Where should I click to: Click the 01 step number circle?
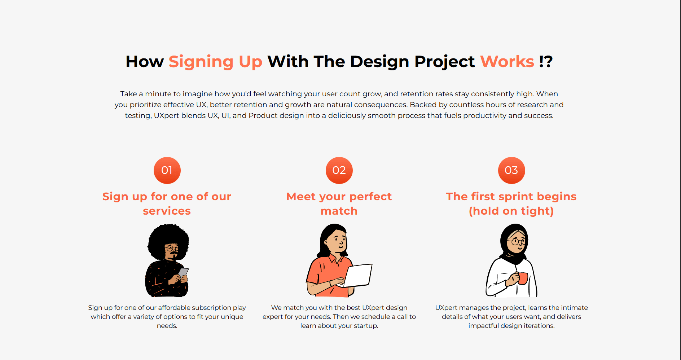(x=167, y=170)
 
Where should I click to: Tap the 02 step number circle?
(x=339, y=170)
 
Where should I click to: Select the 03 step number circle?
(x=511, y=170)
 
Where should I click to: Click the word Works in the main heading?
(x=507, y=62)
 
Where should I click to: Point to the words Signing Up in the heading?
(x=215, y=62)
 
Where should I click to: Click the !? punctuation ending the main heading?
(x=546, y=62)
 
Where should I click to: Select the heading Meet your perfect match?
(x=339, y=203)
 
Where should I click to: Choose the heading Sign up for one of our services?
(x=167, y=203)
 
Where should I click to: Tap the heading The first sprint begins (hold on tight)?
(x=511, y=203)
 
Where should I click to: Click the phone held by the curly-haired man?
(x=183, y=272)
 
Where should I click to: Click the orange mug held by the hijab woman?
(x=522, y=278)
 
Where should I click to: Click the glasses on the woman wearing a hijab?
(x=518, y=241)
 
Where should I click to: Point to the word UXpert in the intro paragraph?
(x=166, y=115)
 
